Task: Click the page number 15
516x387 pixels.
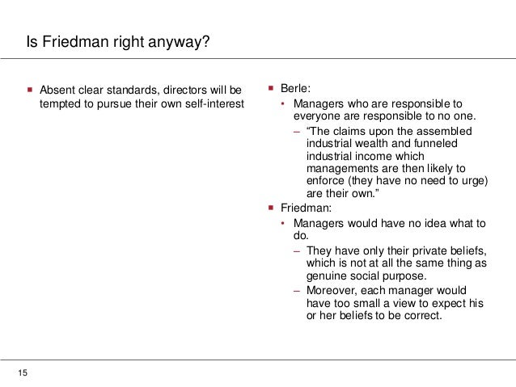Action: point(23,372)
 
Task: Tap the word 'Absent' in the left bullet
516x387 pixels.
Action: point(57,88)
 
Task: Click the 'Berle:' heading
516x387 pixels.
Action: point(296,88)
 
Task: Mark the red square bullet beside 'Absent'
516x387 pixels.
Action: point(31,87)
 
